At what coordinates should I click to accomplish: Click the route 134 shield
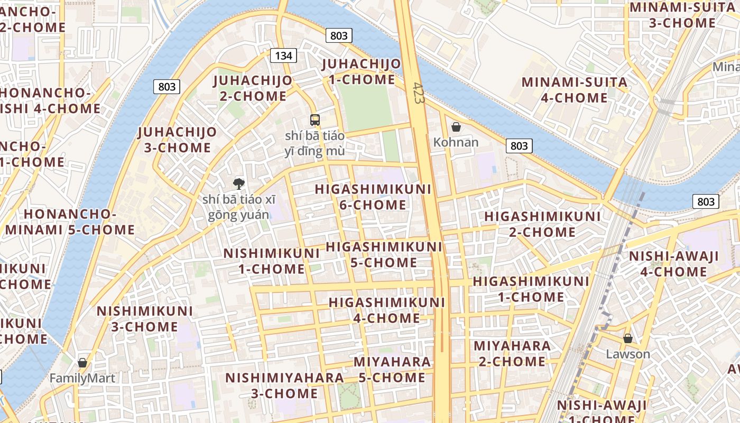[283, 56]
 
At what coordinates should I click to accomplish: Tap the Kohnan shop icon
[456, 127]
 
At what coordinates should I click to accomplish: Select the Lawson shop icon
[628, 338]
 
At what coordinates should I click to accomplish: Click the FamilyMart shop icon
[82, 363]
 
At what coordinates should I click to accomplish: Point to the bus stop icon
[315, 120]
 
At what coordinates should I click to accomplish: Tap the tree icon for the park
[239, 184]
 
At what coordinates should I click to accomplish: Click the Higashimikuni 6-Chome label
[373, 197]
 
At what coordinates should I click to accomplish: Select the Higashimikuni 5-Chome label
[384, 254]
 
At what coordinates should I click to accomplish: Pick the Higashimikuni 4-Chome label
[386, 310]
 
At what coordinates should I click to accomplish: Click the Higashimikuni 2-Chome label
[542, 224]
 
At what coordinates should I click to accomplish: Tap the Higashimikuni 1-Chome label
[531, 289]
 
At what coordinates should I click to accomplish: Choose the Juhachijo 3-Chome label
[178, 140]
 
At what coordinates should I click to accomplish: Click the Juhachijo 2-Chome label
[252, 88]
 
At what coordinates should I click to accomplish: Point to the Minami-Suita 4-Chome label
[575, 90]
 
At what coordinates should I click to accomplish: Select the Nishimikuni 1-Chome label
[271, 261]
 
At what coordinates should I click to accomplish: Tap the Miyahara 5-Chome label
[392, 370]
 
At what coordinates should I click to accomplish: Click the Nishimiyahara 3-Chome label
[284, 385]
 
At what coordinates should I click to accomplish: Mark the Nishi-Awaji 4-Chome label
[673, 264]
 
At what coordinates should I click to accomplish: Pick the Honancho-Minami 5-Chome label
[70, 222]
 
